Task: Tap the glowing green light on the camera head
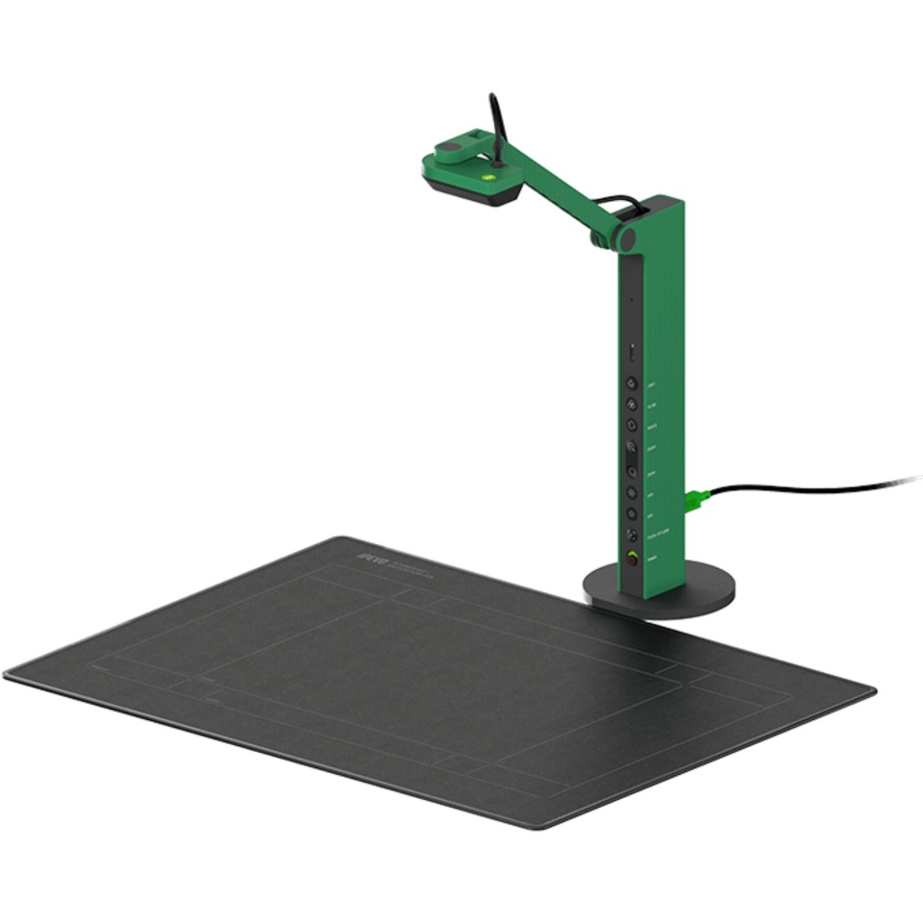tap(488, 176)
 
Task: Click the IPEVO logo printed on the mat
tap(370, 556)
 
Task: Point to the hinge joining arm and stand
tap(626, 237)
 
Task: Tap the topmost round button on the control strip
tap(632, 382)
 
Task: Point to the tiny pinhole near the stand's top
tap(632, 299)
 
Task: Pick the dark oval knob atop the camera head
tap(450, 148)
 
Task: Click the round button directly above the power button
tap(632, 535)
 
